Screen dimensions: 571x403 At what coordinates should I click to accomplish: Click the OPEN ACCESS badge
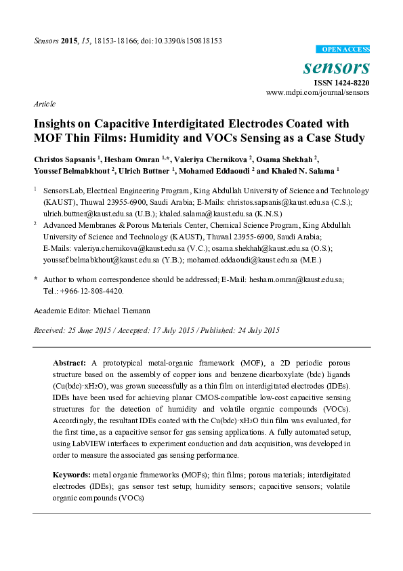tap(343, 50)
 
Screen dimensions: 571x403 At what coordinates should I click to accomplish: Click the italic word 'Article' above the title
tap(45, 104)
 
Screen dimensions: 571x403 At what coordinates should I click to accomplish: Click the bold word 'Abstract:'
tap(70, 363)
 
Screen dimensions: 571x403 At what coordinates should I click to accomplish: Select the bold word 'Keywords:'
tap(72, 475)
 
